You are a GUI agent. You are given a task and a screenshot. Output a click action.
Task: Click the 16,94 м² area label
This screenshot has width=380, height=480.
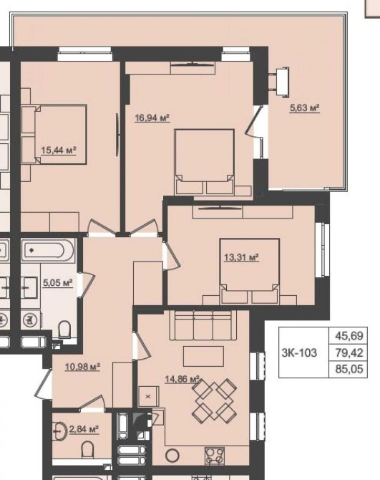click(152, 117)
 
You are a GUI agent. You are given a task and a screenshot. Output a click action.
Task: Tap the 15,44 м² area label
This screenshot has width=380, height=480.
click(59, 150)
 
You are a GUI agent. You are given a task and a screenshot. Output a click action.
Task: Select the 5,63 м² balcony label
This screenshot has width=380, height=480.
click(304, 107)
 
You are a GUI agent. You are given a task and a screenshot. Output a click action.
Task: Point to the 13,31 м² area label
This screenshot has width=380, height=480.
click(241, 257)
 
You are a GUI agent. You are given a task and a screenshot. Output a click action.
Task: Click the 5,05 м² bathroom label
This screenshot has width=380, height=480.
click(57, 282)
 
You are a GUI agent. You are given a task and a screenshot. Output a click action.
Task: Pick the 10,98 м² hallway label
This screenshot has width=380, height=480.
click(82, 366)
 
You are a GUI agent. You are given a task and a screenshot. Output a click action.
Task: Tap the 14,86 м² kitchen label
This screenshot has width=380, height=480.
click(182, 379)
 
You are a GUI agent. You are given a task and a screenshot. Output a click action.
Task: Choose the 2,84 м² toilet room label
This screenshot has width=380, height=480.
click(84, 429)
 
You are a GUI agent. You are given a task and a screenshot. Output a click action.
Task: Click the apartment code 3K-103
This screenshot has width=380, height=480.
click(299, 352)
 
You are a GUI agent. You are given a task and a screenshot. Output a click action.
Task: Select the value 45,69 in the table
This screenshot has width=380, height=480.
click(349, 336)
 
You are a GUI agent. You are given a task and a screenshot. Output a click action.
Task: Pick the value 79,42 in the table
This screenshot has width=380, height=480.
click(349, 352)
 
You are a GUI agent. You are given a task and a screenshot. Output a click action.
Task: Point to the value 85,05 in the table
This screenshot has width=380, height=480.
click(349, 369)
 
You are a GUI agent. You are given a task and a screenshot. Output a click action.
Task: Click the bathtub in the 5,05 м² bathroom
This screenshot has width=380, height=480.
click(48, 251)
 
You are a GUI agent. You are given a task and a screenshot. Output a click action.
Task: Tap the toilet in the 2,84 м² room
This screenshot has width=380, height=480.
click(88, 449)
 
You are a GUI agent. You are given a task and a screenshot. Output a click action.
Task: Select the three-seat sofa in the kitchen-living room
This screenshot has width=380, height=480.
click(203, 325)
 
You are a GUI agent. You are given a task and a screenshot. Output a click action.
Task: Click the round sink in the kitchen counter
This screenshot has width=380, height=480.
click(172, 456)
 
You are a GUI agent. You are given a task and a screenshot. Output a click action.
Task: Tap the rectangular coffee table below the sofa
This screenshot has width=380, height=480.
click(203, 356)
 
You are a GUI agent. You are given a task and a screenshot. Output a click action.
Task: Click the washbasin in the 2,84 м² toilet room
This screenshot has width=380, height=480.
click(60, 431)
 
